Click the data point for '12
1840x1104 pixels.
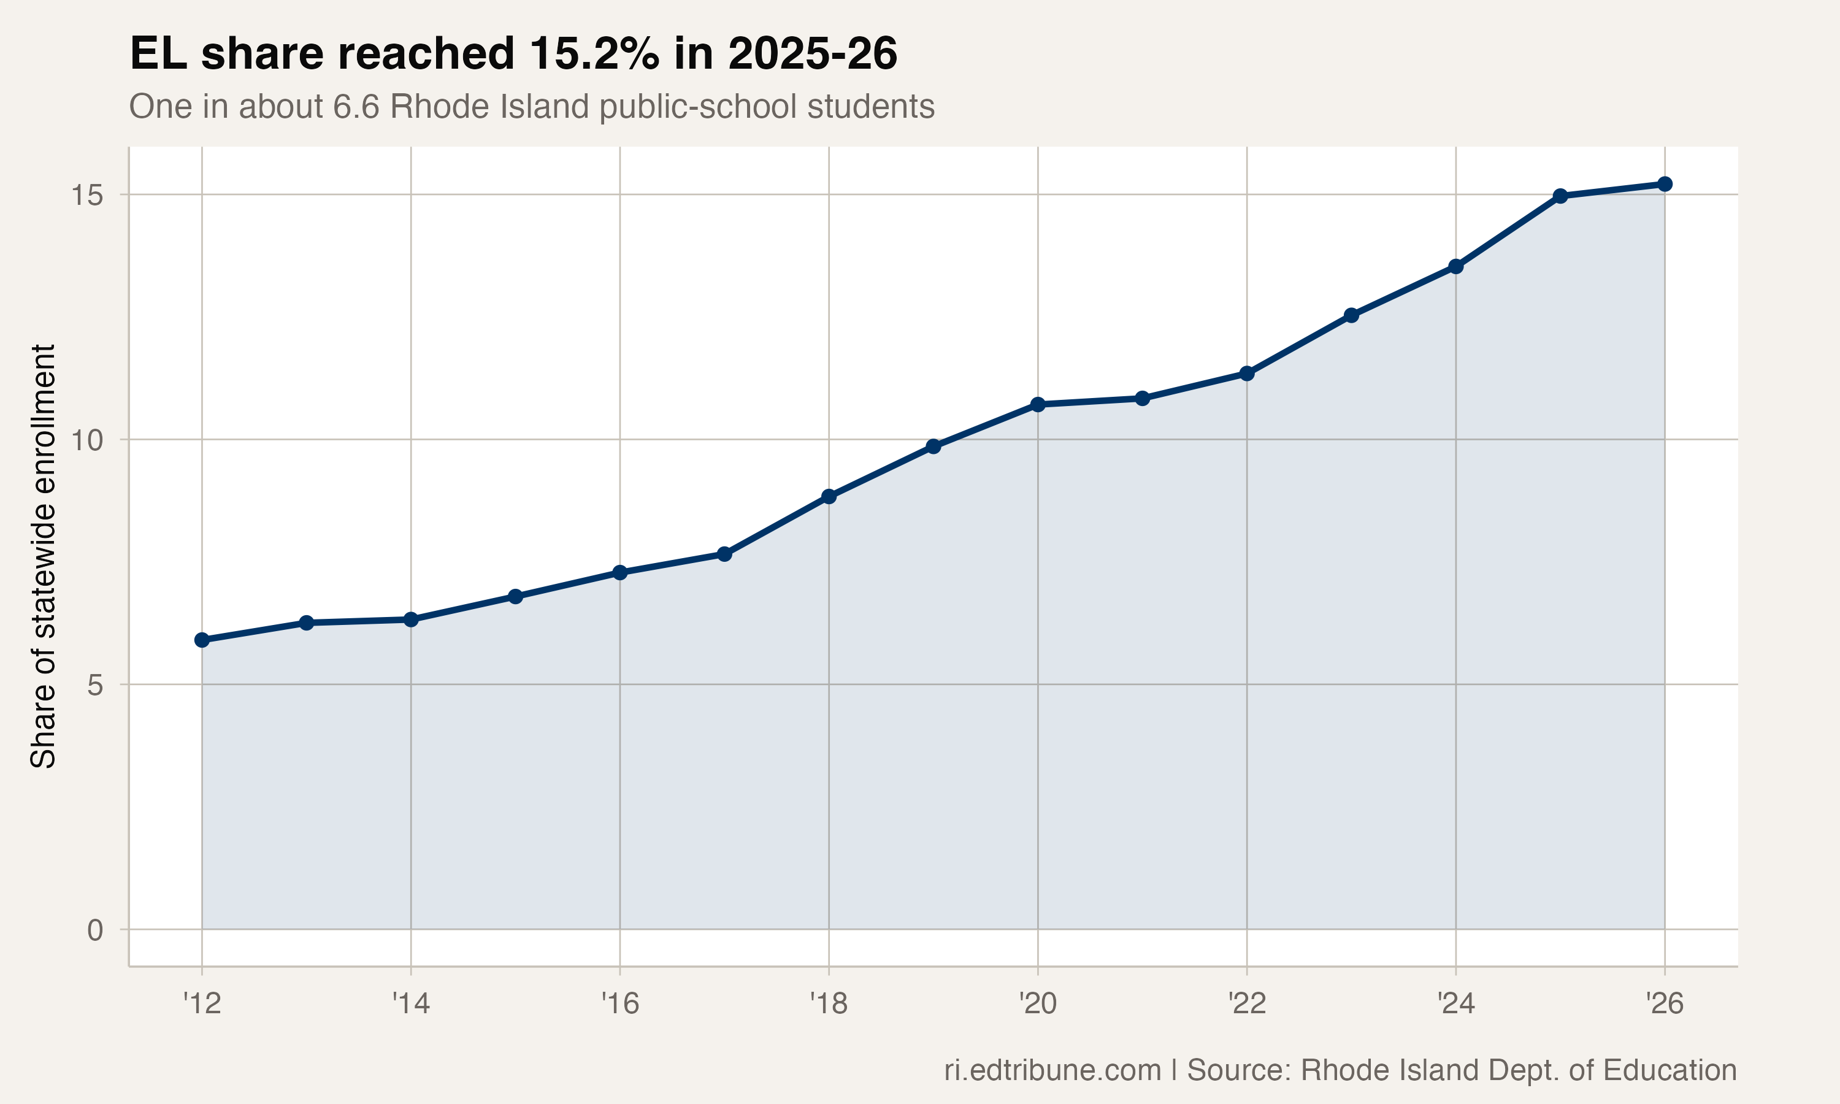click(202, 640)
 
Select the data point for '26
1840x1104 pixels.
click(1665, 184)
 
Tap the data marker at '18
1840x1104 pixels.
click(829, 496)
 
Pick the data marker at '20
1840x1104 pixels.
click(1038, 404)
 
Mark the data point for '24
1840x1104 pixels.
click(1455, 266)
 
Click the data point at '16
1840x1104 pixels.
click(619, 572)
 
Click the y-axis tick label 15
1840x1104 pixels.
click(87, 196)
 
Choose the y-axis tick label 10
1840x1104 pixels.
click(87, 440)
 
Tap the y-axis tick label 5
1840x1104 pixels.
click(95, 685)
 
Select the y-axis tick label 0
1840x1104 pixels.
click(95, 930)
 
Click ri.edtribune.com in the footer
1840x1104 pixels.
click(1052, 1070)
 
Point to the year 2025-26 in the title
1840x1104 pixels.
click(812, 53)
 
